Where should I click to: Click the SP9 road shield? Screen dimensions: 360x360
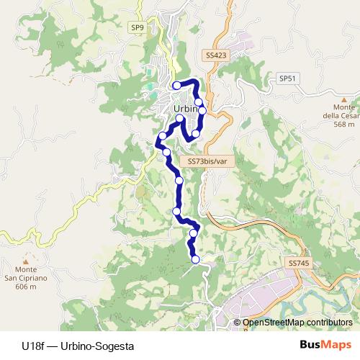138,28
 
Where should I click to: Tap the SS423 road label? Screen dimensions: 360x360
215,55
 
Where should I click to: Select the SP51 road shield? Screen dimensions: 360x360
287,78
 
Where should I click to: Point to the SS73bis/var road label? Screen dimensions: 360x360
207,162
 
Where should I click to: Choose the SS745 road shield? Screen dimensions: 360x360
297,264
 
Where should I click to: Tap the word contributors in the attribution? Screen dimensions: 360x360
331,323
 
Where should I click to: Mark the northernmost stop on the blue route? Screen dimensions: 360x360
176,86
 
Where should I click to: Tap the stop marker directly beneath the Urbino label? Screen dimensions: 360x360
179,116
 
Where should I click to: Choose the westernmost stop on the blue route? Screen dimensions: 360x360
163,135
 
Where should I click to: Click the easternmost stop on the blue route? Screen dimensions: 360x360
202,110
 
